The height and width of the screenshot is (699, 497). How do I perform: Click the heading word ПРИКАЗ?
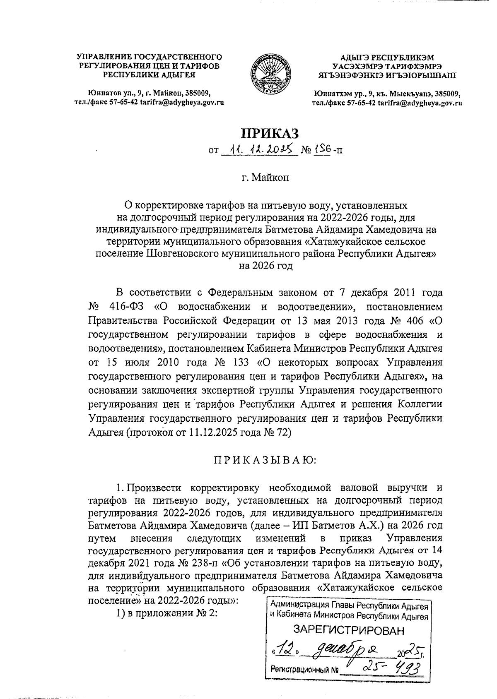click(270, 133)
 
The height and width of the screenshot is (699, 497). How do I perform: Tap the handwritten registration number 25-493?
click(390, 667)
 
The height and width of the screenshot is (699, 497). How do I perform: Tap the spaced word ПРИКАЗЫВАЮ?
click(265, 460)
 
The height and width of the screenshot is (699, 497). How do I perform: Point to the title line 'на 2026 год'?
click(265, 266)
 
